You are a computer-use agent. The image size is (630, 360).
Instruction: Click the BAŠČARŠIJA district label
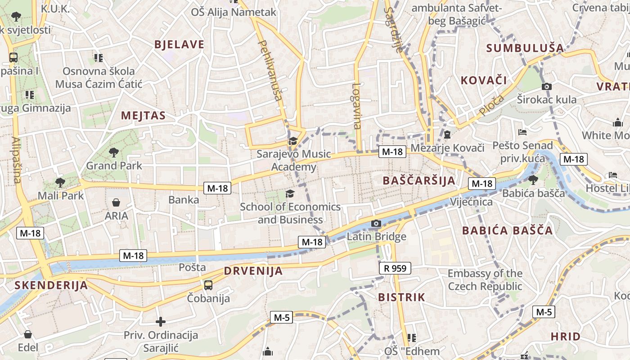[x=418, y=181]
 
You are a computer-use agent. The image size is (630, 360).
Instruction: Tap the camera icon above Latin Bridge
[x=376, y=223]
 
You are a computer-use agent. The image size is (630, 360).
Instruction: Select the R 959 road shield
[x=395, y=269]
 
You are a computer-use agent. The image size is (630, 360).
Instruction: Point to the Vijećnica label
[x=472, y=202]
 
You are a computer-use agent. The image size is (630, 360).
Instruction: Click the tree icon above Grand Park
[x=114, y=153]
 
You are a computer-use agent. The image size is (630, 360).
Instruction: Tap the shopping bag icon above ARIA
[x=116, y=202]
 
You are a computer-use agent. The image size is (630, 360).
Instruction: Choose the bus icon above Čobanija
[x=208, y=285]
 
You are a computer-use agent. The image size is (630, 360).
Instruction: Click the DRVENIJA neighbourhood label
[x=253, y=271]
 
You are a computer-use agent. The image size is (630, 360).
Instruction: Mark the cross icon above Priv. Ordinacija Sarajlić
[x=161, y=322]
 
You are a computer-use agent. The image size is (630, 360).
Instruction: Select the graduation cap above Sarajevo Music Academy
[x=293, y=141]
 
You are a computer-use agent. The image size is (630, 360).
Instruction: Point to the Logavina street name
[x=357, y=106]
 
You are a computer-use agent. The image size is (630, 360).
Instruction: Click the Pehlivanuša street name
[x=271, y=70]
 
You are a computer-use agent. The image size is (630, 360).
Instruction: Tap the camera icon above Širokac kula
[x=547, y=86]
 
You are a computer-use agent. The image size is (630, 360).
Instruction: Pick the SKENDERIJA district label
[x=51, y=285]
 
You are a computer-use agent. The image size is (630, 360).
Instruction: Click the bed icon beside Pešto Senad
[x=522, y=132]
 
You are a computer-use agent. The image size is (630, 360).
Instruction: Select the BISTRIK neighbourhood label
[x=401, y=297]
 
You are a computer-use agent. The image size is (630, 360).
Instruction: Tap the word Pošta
[x=192, y=267]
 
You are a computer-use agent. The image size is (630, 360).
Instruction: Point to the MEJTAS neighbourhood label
[x=143, y=116]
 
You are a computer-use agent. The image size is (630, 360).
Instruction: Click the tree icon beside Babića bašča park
[x=533, y=180]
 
